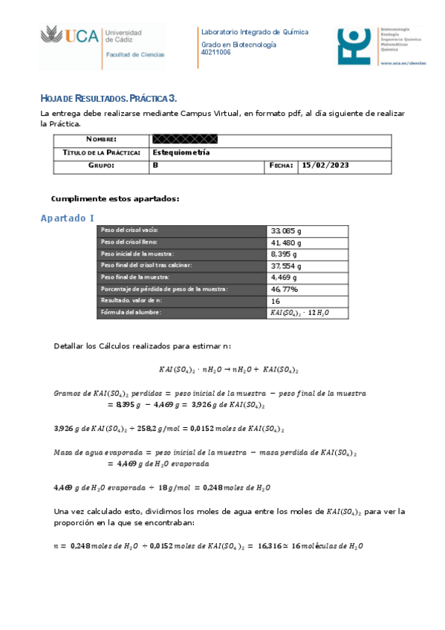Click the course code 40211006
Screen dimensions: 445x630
[216, 52]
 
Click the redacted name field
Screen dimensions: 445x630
[184, 139]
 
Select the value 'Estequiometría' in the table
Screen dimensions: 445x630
[181, 152]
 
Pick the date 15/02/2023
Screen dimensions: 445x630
[325, 165]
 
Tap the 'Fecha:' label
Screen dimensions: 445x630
[282, 165]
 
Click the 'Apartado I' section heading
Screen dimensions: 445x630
[67, 218]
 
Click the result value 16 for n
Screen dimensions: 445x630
[276, 301]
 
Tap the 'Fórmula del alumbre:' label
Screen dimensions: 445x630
[131, 313]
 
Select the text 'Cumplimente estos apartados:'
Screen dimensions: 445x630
[115, 198]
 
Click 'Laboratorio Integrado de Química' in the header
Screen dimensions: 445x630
[255, 32]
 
